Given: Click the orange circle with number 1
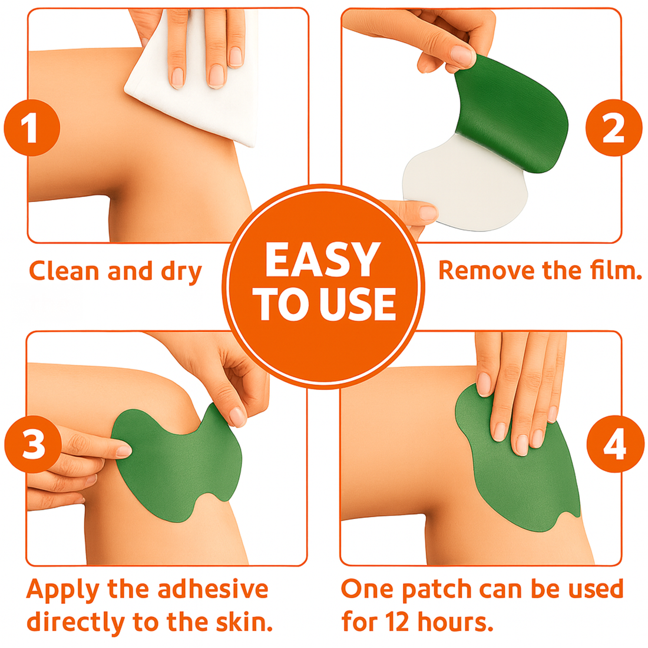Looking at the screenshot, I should coord(32,128).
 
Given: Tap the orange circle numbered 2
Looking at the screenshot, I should coord(613,128).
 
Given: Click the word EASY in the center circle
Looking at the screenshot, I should coord(322,260).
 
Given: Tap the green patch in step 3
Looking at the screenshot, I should coord(177,465).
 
